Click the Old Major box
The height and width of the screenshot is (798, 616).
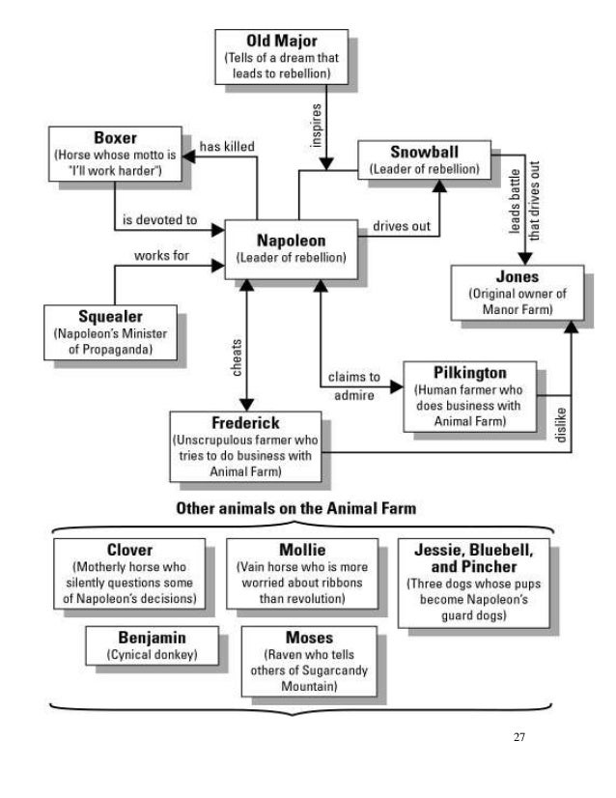(x=282, y=57)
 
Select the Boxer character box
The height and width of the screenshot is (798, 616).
(x=114, y=151)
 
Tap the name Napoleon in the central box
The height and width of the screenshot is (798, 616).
(x=291, y=240)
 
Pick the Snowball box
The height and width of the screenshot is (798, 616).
(x=424, y=159)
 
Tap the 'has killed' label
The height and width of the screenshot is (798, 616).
(x=227, y=146)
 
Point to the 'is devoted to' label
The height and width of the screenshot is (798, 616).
(x=160, y=220)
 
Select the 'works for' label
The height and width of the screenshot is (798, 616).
(x=161, y=256)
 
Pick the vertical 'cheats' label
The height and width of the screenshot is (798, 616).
(x=237, y=356)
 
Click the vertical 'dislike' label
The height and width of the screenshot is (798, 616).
(x=560, y=424)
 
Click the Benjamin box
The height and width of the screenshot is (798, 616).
(x=151, y=646)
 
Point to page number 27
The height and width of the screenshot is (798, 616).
(x=519, y=737)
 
